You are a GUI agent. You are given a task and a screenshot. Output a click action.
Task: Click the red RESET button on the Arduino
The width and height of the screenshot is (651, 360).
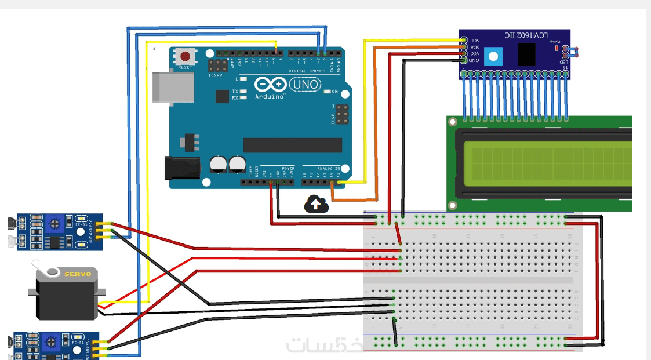tap(185, 57)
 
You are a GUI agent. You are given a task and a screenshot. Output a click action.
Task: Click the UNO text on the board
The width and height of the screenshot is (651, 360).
tap(305, 85)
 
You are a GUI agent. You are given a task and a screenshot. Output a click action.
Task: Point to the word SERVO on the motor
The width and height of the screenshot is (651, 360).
tap(77, 274)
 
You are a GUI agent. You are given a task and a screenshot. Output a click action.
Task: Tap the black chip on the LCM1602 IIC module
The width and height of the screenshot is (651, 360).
tap(526, 55)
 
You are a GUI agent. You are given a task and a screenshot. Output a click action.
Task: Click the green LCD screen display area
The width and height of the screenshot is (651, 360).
tap(548, 162)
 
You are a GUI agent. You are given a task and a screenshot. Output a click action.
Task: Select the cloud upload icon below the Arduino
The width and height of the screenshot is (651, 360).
tap(315, 203)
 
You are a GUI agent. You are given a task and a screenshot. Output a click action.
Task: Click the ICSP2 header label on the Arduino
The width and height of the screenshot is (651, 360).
tap(216, 75)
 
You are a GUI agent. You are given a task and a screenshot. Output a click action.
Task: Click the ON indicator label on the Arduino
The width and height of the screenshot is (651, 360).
tap(334, 92)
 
